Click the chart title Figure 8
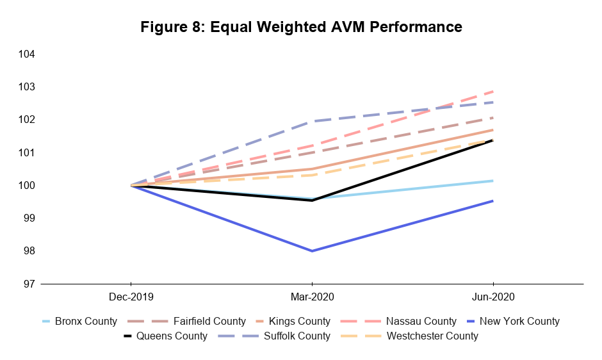301,27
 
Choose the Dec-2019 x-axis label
131,297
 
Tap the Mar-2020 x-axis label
312,297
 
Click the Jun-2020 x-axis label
492,297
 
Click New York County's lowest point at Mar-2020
312,251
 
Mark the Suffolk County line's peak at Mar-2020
312,121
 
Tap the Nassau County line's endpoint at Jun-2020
492,91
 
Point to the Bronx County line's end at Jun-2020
492,181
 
